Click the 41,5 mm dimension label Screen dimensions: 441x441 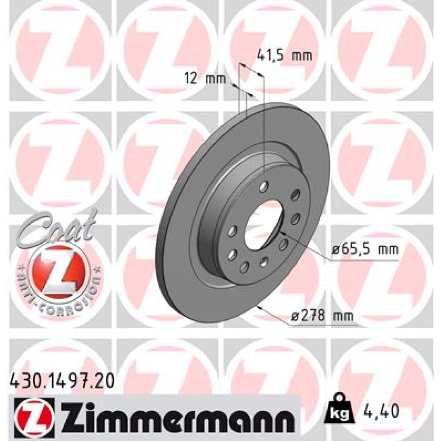pyautogui.click(x=284, y=56)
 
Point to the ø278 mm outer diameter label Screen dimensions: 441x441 pyautogui.click(x=323, y=317)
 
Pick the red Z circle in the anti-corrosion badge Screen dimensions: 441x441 pyautogui.click(x=58, y=271)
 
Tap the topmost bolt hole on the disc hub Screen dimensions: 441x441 pyautogui.click(x=264, y=186)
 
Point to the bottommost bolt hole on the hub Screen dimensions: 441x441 pyautogui.click(x=244, y=267)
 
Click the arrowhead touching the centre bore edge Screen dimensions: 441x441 pyautogui.click(x=281, y=233)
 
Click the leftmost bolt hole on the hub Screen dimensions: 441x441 pyautogui.click(x=232, y=231)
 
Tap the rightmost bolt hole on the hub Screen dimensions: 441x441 pyautogui.click(x=295, y=219)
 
